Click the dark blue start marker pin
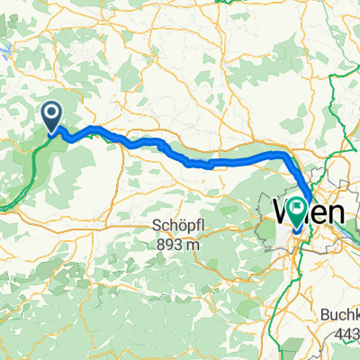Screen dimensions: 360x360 pos(51,116)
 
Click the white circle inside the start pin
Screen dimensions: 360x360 pos(51,112)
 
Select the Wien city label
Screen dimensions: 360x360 pos(308,213)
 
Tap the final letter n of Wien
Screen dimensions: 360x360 pos(335,214)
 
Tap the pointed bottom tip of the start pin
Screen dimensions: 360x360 pos(51,133)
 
